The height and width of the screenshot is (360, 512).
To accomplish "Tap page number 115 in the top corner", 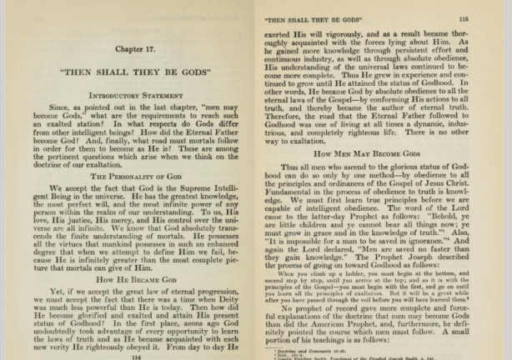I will [x=486, y=17].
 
